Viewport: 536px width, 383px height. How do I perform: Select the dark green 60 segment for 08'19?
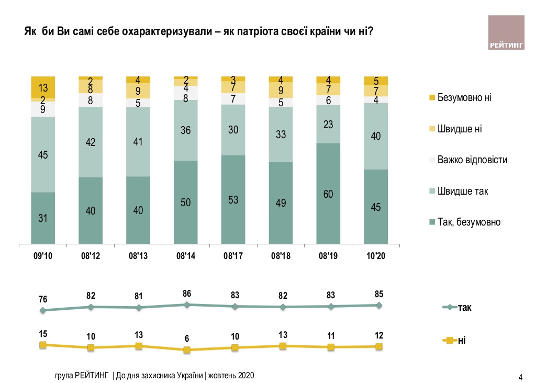[x=328, y=193]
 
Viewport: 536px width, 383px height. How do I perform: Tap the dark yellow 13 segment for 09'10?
[x=43, y=87]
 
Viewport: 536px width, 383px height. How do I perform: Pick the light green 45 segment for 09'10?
[x=43, y=154]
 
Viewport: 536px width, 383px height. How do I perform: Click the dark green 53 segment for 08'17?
[x=233, y=199]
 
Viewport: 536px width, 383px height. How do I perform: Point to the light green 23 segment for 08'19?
[x=328, y=124]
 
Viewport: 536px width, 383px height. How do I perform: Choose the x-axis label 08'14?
[x=186, y=256]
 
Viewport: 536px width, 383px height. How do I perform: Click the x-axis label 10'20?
[x=376, y=256]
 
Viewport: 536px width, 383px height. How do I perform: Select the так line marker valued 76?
[x=43, y=310]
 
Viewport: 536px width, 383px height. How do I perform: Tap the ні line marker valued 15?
[x=43, y=345]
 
